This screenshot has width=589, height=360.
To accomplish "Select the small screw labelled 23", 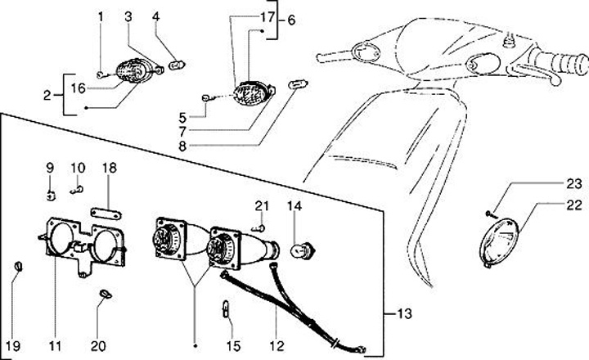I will (x=489, y=214).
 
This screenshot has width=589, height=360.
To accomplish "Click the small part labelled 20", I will (x=105, y=294).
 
